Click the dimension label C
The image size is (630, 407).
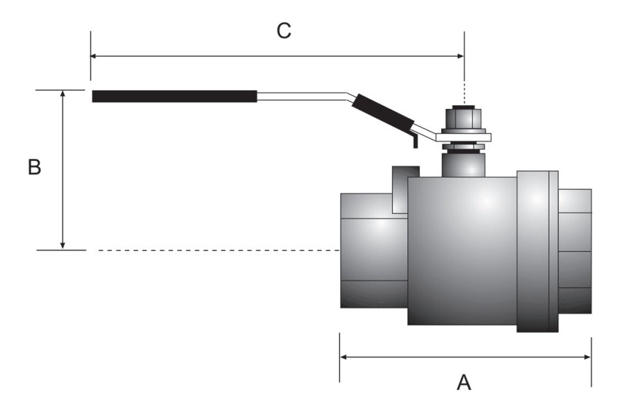tap(283, 31)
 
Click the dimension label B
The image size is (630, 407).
tap(35, 168)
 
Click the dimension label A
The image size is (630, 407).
tap(463, 382)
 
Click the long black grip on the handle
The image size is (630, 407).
tap(174, 97)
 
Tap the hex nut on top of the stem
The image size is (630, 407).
tap(463, 118)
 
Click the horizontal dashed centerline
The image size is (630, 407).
tap(215, 250)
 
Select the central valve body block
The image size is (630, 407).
tap(462, 251)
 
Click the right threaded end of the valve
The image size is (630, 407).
tap(575, 251)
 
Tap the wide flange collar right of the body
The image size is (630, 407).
tap(537, 251)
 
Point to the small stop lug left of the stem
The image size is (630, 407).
tap(405, 189)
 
